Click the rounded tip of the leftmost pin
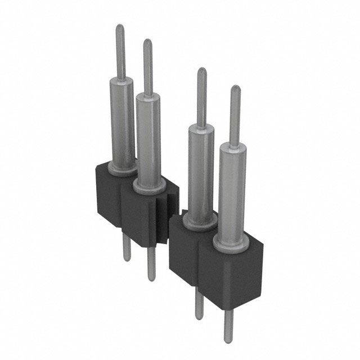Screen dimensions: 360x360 click(120, 28)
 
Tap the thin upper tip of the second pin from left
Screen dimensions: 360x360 click(147, 43)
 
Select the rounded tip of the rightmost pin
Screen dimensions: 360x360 click(235, 89)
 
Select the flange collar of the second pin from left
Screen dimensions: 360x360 click(149, 186)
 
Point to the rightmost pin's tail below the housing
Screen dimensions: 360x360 click(228, 326)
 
